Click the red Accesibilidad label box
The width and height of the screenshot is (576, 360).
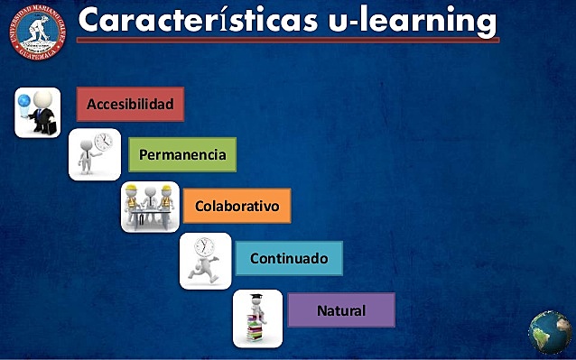click(x=130, y=104)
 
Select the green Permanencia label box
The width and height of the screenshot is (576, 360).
click(x=182, y=154)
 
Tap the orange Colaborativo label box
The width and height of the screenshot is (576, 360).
click(x=237, y=206)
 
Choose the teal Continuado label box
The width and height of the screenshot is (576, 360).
click(x=289, y=258)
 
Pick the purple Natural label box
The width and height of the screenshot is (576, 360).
click(x=341, y=310)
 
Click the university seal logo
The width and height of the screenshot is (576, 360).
click(x=40, y=34)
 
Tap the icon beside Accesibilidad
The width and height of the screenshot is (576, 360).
click(x=38, y=113)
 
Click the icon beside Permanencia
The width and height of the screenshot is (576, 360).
click(x=95, y=154)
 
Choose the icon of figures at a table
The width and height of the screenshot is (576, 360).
click(x=151, y=207)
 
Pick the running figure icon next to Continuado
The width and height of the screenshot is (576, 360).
click(x=205, y=260)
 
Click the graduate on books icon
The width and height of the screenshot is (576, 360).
click(x=257, y=318)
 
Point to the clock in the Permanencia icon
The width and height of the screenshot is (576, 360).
click(x=104, y=143)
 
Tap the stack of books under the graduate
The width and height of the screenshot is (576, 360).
click(x=256, y=331)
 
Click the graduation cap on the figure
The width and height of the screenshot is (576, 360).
click(x=257, y=298)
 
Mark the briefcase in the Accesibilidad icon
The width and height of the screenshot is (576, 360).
click(x=45, y=125)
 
